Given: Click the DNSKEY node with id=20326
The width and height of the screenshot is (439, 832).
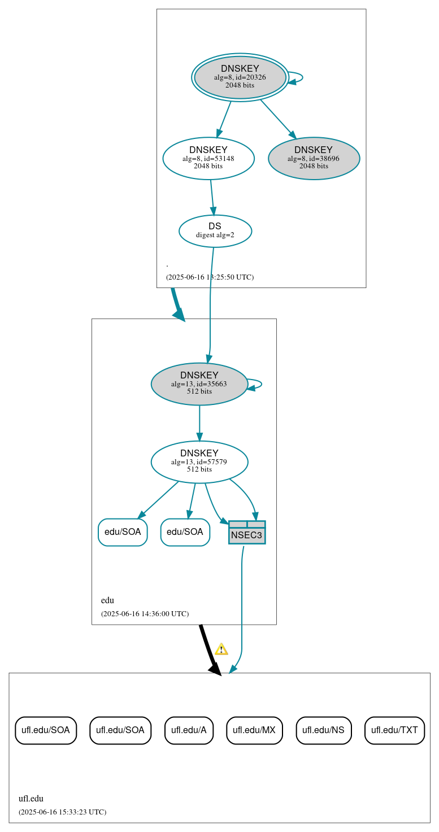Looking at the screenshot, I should (240, 77).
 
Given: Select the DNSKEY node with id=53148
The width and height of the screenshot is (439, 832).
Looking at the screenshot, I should (208, 158).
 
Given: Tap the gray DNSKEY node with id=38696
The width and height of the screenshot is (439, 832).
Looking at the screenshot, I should (314, 158).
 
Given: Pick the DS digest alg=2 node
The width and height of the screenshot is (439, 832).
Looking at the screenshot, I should (215, 230).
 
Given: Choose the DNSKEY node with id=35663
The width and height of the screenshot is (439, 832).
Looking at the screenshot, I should (199, 384).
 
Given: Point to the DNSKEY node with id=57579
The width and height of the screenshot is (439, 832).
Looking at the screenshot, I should (199, 461).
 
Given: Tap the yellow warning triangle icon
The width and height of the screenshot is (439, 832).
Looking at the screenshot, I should (221, 649).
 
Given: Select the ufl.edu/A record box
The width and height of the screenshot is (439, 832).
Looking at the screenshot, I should (189, 730).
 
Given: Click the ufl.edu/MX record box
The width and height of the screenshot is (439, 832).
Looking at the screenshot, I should (254, 730).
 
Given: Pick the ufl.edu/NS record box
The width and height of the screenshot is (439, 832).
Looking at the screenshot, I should (323, 730).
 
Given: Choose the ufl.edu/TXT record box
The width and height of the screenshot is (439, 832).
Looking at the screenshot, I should (394, 730).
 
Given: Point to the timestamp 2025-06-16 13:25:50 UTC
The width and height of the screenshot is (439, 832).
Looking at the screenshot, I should (210, 277).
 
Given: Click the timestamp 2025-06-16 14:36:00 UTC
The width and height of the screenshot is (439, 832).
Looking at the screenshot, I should (145, 613).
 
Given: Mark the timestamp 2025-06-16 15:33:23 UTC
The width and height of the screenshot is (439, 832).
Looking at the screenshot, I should (62, 812).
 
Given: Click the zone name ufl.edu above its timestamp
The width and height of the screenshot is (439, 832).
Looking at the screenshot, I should (31, 798).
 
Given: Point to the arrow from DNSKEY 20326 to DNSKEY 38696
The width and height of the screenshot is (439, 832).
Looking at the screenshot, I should (277, 118).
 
